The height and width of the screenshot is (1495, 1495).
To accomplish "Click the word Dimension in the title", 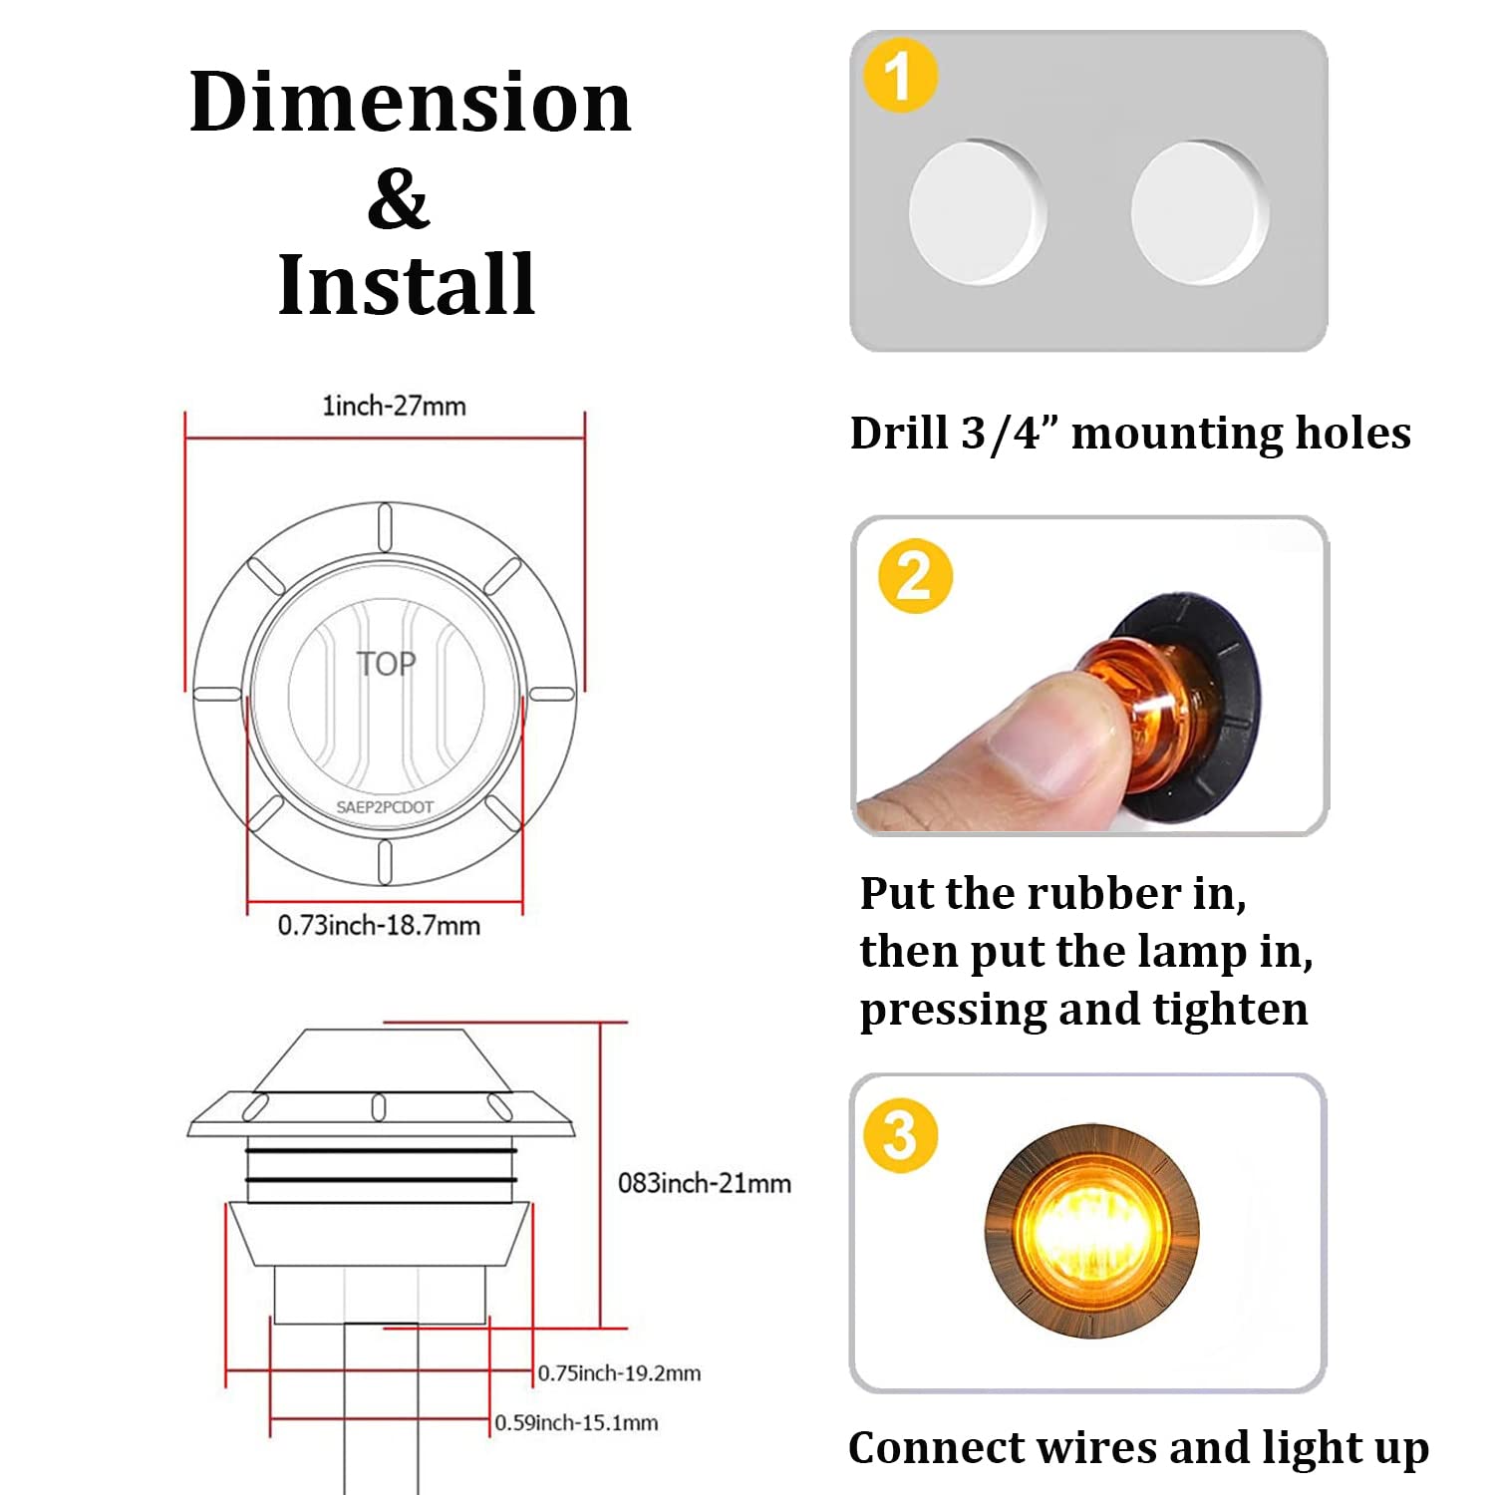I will tap(410, 103).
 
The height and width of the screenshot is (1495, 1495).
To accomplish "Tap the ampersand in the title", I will tap(398, 199).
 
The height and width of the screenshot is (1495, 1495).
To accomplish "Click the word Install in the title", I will tap(407, 285).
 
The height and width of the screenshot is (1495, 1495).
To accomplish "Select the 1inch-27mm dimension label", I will tap(394, 406).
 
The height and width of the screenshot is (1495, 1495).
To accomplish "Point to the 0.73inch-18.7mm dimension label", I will tap(379, 926).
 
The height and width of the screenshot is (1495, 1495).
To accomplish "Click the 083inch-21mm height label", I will tap(704, 1183).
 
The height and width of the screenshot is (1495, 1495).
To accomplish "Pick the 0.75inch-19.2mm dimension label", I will tap(619, 1373).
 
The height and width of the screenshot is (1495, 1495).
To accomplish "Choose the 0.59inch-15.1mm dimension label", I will tap(576, 1423).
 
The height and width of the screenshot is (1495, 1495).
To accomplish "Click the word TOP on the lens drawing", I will tap(386, 664).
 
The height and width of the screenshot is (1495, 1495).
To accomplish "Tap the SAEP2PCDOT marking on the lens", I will tap(385, 807).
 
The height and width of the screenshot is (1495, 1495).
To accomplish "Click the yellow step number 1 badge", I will tap(900, 76).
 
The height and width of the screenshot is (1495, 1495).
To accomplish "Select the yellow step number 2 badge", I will tap(915, 576).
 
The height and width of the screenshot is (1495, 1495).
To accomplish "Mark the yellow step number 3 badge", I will tap(901, 1135).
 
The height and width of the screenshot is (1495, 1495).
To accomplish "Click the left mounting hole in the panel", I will tap(976, 212).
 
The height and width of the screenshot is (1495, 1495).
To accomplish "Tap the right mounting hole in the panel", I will tap(1199, 212).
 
